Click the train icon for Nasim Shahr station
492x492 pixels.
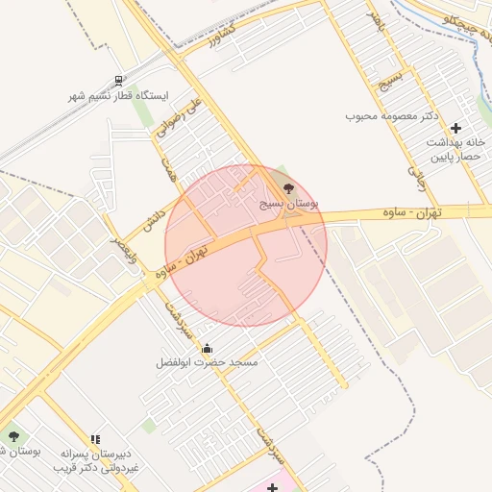click(118, 82)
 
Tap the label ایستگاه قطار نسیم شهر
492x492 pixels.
click(118, 97)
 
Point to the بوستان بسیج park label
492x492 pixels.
click(289, 205)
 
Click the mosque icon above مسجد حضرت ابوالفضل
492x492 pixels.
click(209, 348)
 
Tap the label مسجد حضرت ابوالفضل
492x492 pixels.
click(209, 363)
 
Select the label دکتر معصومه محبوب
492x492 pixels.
click(392, 115)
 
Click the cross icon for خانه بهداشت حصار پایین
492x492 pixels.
click(455, 128)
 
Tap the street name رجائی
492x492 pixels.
click(416, 173)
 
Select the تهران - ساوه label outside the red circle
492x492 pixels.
click(446, 211)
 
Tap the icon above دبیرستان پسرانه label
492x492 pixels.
click(95, 438)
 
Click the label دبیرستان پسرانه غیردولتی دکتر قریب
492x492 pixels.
click(95, 459)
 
